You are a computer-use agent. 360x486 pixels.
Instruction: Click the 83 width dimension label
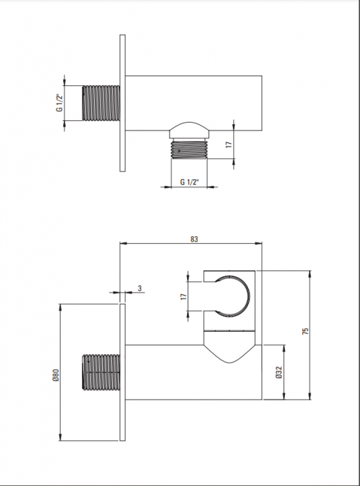(194, 239)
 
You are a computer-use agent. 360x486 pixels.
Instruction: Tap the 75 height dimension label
(305, 330)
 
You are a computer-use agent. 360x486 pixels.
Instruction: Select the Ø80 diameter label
(56, 375)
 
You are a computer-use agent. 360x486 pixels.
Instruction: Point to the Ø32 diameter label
(279, 372)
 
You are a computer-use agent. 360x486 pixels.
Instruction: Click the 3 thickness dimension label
(140, 288)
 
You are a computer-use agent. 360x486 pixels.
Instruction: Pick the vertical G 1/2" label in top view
(60, 103)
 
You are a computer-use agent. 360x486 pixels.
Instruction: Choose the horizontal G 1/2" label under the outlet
(189, 182)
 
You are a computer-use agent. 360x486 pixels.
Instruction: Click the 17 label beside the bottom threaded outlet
(229, 144)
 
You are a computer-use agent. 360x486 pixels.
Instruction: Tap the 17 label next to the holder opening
(183, 296)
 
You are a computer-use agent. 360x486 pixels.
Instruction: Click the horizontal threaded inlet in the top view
(101, 103)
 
